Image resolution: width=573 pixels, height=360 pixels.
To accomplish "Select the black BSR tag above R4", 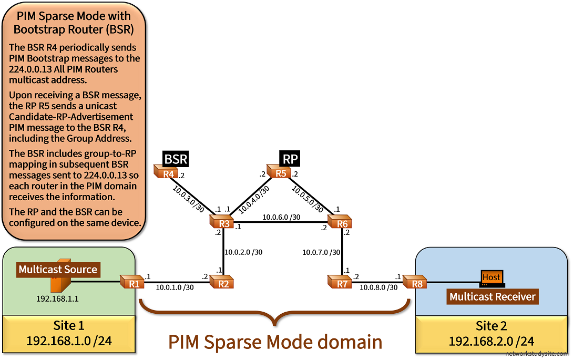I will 176,159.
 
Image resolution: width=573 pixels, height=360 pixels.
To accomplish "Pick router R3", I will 223,222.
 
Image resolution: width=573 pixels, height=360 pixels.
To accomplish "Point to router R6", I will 341,222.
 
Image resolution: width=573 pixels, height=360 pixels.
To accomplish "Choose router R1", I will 132,282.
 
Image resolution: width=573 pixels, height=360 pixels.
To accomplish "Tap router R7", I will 341,282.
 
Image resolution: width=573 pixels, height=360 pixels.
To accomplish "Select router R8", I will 415,282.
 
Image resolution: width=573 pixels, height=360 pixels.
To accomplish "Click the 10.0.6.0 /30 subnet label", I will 281,217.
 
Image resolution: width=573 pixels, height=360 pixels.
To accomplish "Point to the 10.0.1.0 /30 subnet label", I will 175,287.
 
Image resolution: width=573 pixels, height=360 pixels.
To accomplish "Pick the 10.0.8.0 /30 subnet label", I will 378,287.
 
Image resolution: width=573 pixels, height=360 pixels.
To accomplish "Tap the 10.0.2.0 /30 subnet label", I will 243,252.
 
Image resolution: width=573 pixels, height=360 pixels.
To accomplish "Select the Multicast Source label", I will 58,270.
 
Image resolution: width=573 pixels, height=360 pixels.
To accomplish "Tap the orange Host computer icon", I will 492,277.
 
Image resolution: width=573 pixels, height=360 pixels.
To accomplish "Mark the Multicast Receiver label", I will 492,296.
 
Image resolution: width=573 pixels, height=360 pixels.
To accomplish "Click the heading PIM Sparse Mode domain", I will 275,342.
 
